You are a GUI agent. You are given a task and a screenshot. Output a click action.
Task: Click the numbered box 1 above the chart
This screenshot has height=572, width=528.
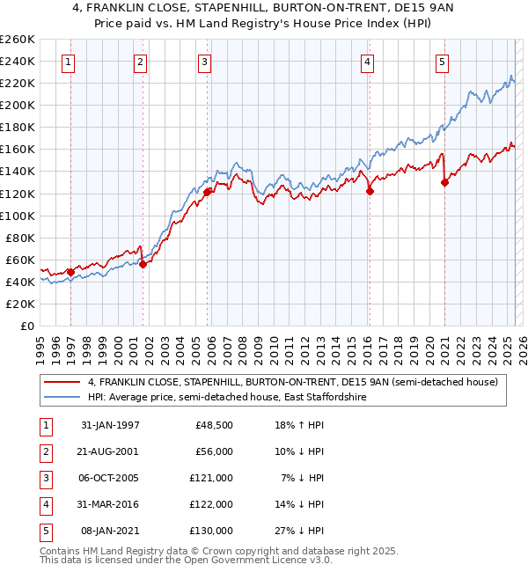[69, 62]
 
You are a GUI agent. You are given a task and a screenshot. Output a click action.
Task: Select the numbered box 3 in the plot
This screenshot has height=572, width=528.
[204, 62]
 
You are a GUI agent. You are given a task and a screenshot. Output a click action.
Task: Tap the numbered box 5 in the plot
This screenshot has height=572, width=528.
[442, 62]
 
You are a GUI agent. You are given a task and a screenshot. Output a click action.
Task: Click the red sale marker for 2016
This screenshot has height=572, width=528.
[370, 191]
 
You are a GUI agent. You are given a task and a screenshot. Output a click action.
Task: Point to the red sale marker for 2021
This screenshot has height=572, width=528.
[444, 182]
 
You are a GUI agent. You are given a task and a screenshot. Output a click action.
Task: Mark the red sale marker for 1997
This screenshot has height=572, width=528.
[70, 272]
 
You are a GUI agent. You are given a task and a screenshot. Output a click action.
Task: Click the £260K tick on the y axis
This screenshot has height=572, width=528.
[18, 40]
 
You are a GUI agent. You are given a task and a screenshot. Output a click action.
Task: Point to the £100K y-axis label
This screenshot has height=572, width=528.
[18, 216]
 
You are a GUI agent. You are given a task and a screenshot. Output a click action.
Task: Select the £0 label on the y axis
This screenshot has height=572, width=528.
[27, 326]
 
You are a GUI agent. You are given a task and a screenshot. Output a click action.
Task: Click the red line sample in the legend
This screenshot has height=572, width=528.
[62, 382]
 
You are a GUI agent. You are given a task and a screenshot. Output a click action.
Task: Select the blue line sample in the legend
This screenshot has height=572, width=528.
[62, 397]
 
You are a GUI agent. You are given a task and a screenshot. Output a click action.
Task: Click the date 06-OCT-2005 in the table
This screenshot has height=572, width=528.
[110, 478]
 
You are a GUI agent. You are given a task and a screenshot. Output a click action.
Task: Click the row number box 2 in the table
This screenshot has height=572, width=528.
[44, 451]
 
